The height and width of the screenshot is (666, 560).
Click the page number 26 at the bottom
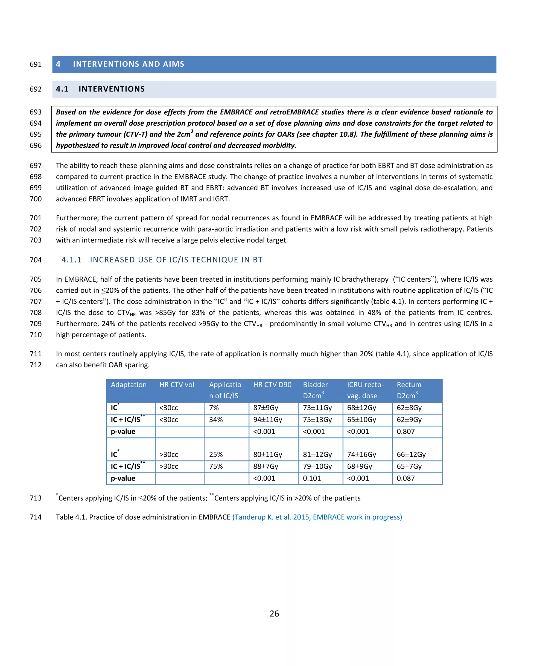pos(274,613)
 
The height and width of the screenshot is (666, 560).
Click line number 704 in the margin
pos(36,260)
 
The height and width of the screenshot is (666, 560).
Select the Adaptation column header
pos(129,385)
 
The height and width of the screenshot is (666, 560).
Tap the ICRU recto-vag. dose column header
pos(365,390)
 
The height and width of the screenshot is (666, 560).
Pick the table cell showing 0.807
pos(406,431)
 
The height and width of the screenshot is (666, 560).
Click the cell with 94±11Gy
pos(267,420)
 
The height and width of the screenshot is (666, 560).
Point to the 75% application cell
pos(216,466)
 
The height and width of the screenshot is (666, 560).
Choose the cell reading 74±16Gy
pos(361,455)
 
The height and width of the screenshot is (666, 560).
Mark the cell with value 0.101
pos(312,478)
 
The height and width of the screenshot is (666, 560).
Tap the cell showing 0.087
pos(406,478)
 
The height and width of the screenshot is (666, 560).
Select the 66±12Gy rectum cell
pos(411,455)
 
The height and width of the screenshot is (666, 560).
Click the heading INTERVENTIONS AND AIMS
pos(129,64)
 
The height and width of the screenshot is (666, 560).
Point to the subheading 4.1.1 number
pos(71,260)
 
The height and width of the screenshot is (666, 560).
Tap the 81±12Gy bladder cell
pos(317,455)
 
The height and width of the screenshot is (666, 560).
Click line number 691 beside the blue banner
pos(36,65)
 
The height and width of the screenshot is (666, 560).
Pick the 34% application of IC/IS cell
pos(216,420)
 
